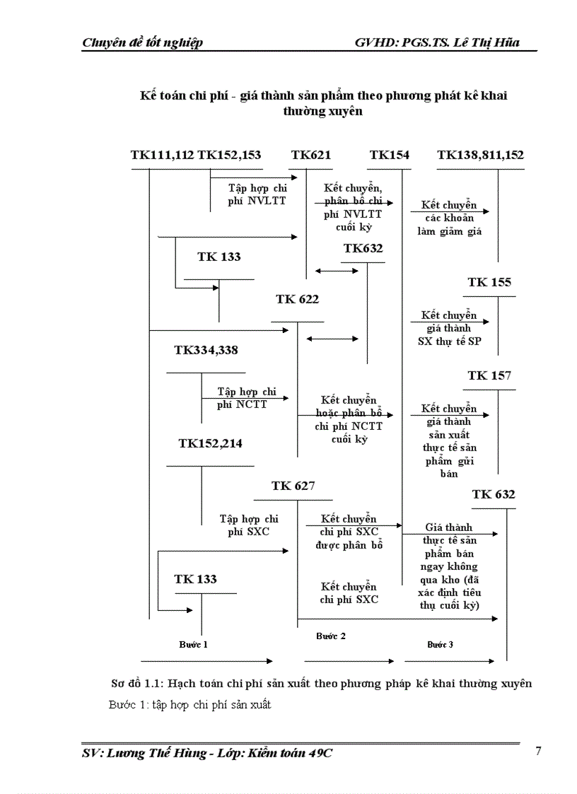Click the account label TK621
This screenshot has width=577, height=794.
click(x=310, y=156)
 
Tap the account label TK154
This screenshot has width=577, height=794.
click(x=389, y=156)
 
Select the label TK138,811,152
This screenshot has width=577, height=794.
click(x=480, y=156)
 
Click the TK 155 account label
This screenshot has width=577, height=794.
click(x=489, y=282)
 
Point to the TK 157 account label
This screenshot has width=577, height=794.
click(x=489, y=375)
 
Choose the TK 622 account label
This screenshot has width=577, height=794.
click(x=297, y=299)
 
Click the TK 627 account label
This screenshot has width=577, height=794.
click(x=293, y=486)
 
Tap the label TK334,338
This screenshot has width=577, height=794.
click(x=206, y=349)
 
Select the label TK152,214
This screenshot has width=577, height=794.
click(x=210, y=443)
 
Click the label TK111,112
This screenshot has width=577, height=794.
click(x=162, y=156)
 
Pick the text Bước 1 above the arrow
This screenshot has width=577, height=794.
click(x=193, y=644)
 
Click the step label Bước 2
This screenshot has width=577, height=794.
click(x=330, y=636)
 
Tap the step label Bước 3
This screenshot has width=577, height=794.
click(x=440, y=644)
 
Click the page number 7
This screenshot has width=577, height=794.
click(x=538, y=751)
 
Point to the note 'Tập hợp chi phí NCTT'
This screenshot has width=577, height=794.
click(x=246, y=398)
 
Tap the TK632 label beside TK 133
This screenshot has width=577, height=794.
click(x=363, y=248)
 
